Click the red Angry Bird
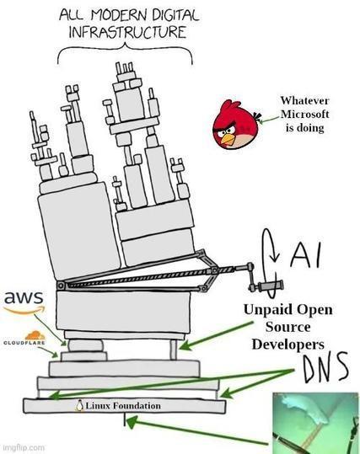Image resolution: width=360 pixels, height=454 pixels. [x=235, y=123]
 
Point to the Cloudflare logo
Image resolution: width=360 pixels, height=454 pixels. [x=23, y=338]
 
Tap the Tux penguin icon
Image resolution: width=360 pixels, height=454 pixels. [x=79, y=406]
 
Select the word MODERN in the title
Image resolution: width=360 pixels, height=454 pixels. [x=116, y=15]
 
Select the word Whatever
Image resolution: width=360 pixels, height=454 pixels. [x=300, y=99]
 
